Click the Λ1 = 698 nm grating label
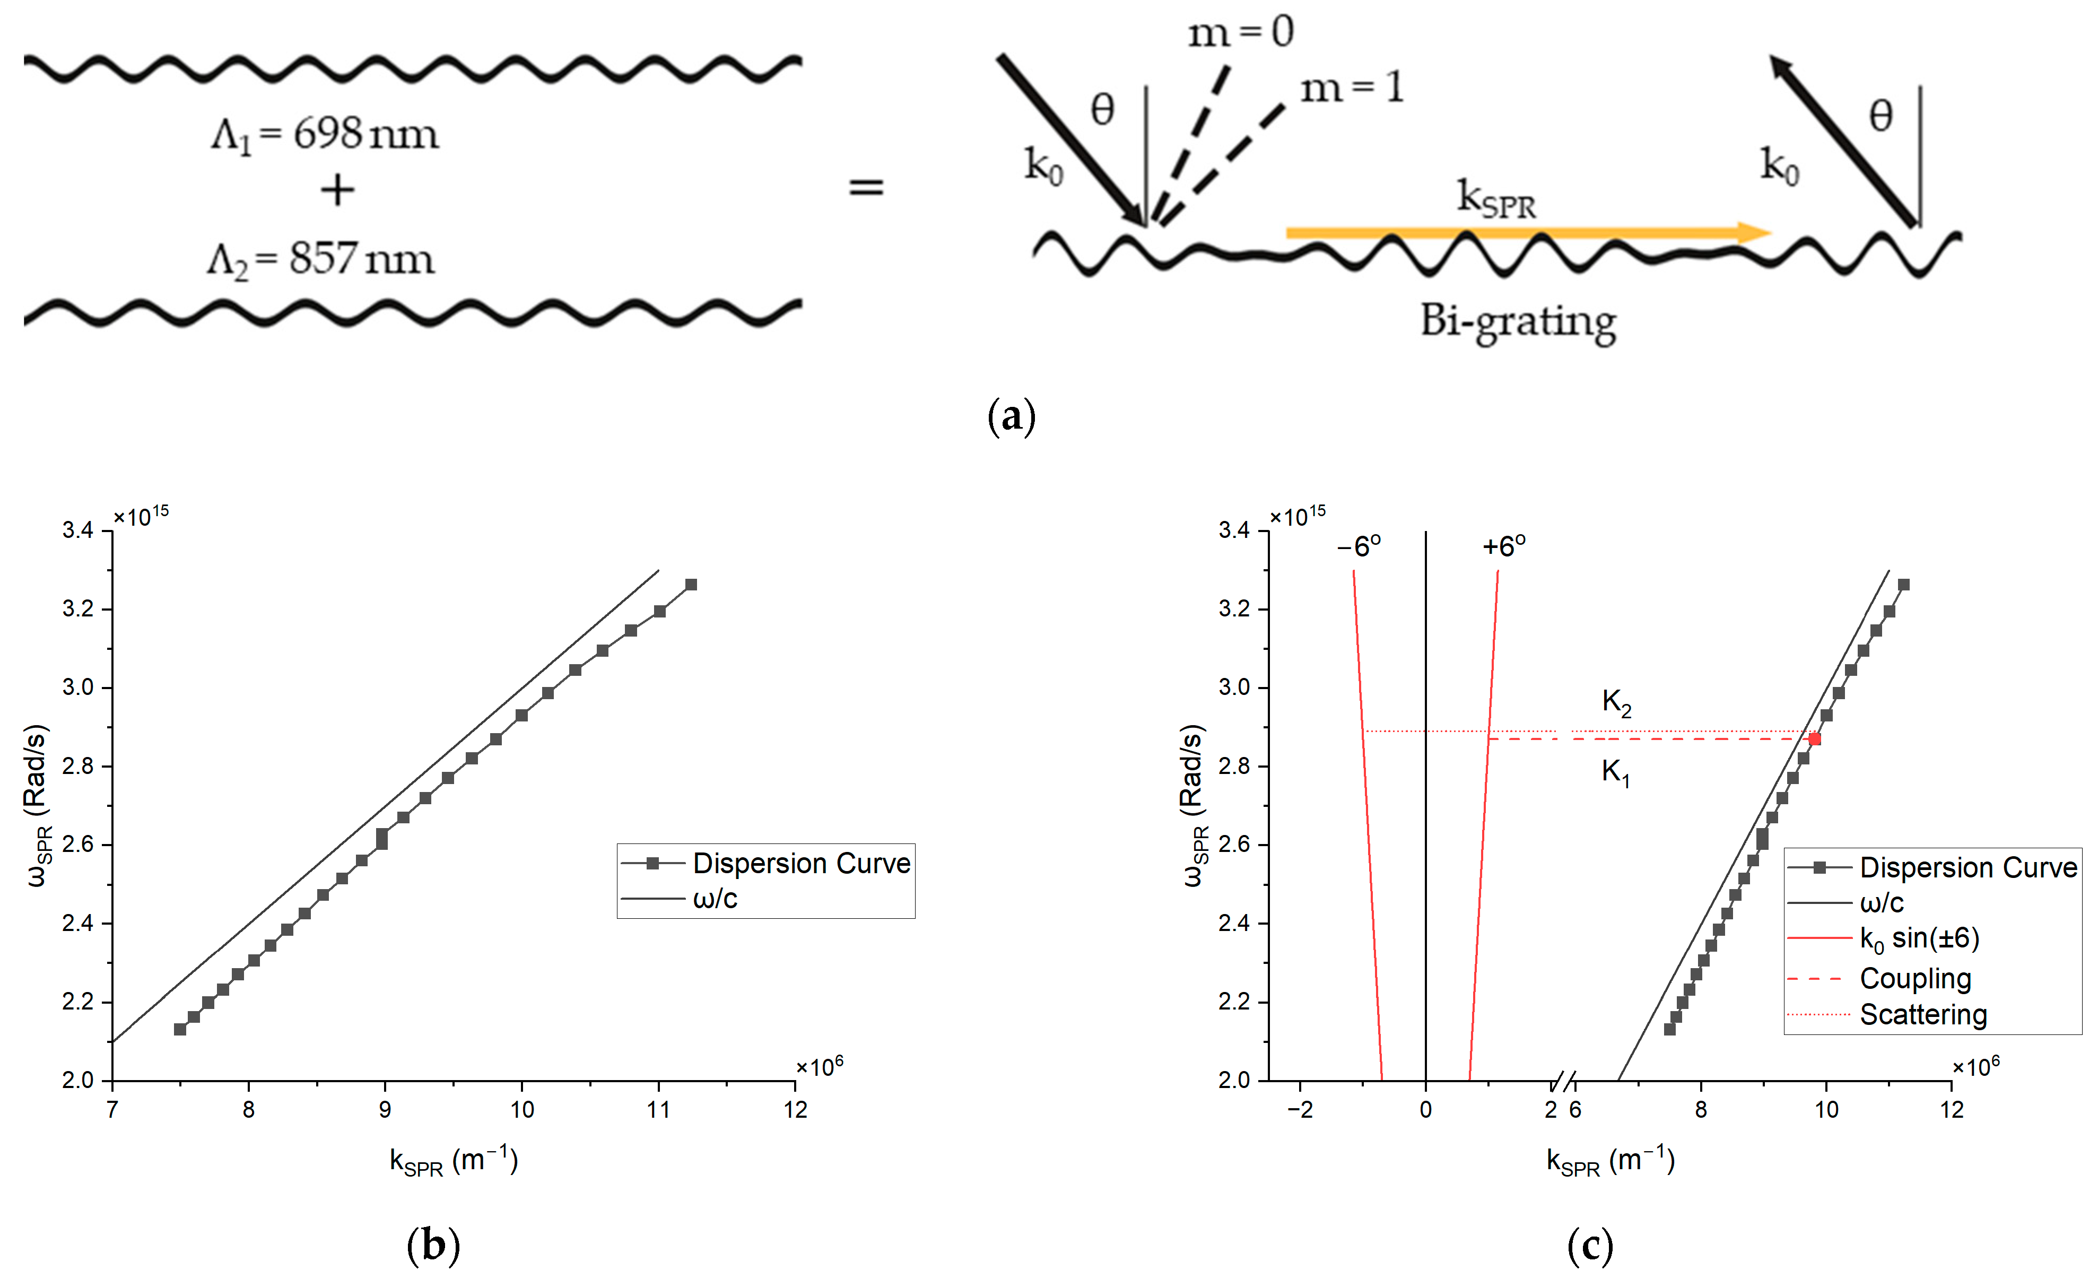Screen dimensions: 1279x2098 325,135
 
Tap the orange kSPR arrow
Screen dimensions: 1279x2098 1528,232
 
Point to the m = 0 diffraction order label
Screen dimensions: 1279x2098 1241,32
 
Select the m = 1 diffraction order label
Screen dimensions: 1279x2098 1351,88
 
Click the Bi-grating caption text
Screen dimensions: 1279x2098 1518,322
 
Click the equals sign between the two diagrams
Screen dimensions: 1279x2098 866,187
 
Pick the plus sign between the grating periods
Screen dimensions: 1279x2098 337,190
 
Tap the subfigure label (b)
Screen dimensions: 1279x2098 433,1245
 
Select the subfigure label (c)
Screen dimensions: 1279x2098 1590,1245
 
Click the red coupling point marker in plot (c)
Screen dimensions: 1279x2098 1814,738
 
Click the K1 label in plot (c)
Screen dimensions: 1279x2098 1615,772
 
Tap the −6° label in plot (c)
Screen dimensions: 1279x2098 1359,546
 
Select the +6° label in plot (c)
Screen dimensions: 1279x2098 1504,546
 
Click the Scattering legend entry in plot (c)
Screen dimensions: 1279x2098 1922,1014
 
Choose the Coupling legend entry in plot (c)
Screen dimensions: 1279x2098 1915,978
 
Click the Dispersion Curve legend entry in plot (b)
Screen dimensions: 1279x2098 800,864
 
